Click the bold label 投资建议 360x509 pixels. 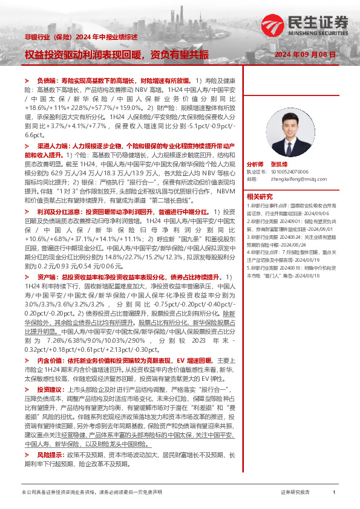49,389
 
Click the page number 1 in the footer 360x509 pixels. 334,493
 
